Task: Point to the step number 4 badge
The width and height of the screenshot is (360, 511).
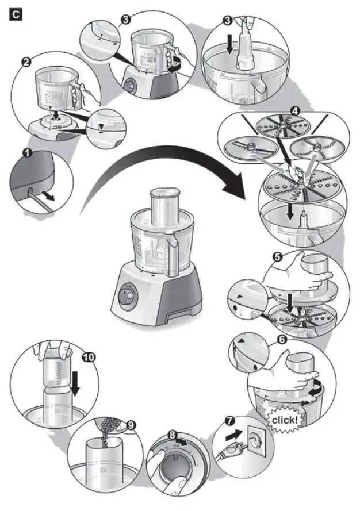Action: coord(295,109)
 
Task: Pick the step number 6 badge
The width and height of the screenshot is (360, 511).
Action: coord(282,340)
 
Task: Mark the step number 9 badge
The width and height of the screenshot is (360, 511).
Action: coord(131,425)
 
